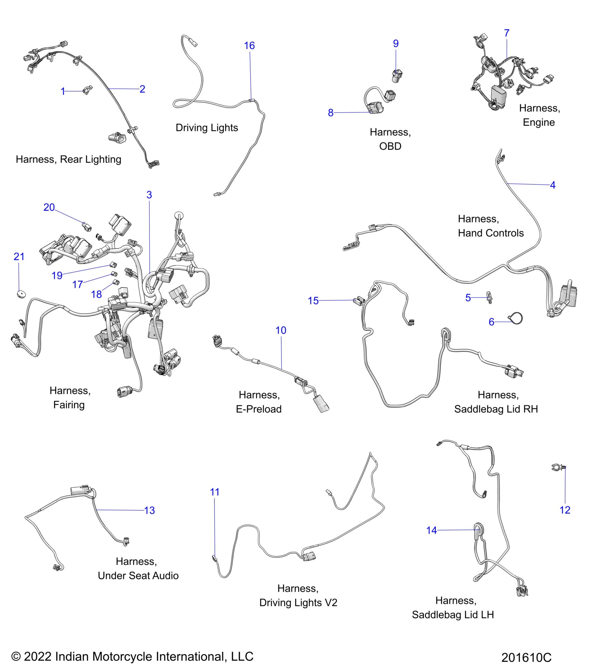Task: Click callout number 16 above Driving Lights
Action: tap(249, 46)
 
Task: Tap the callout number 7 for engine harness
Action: tap(507, 33)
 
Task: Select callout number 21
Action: tap(19, 257)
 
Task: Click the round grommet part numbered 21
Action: tap(21, 294)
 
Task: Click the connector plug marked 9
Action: tap(397, 76)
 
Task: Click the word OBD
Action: tap(390, 146)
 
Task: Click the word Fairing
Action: tap(69, 405)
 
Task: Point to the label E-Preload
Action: tap(259, 409)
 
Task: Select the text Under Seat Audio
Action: tap(138, 575)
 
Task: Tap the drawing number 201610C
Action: tap(526, 657)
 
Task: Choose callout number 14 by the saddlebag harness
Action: tap(432, 530)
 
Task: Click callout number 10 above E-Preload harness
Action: tap(281, 330)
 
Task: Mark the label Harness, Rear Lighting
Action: tap(68, 159)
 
